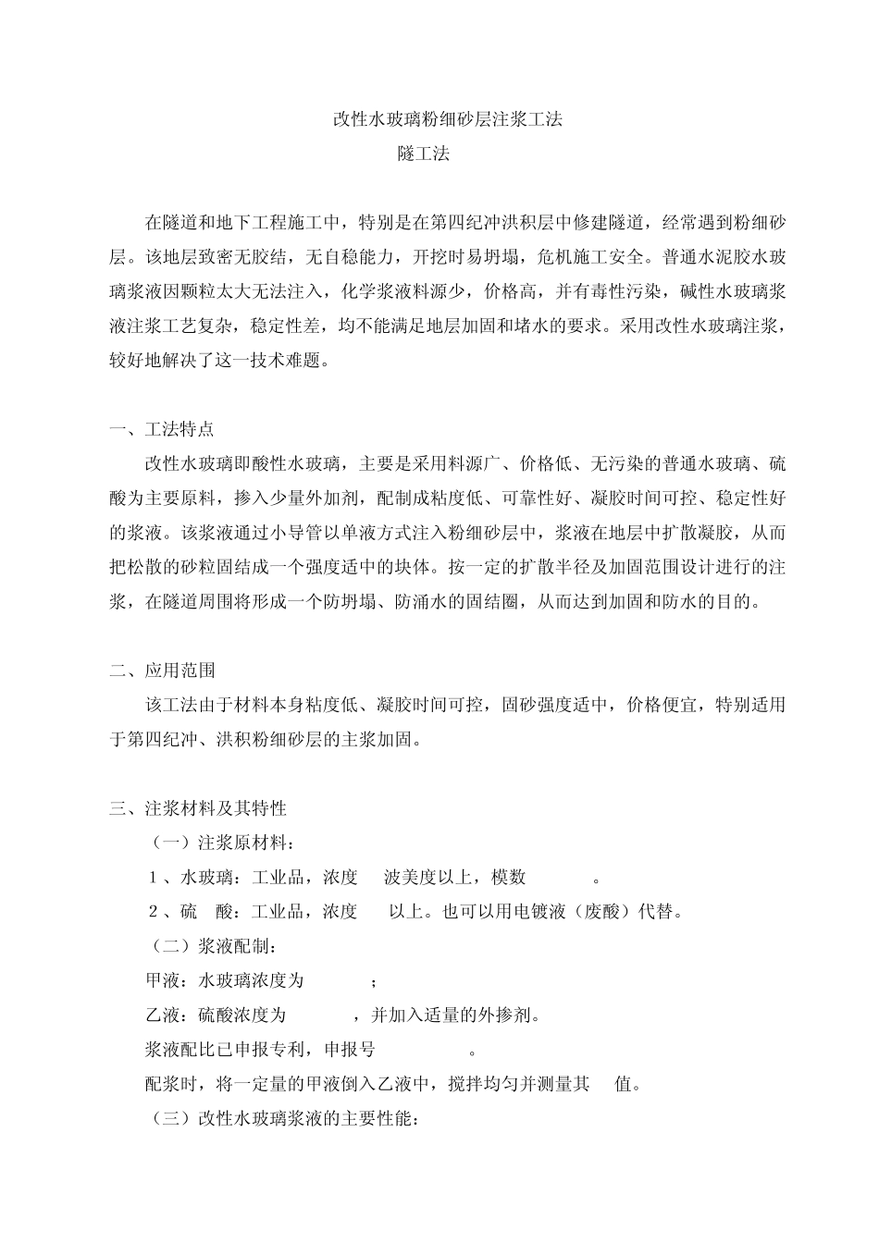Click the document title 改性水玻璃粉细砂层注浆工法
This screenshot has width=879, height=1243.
pos(448,119)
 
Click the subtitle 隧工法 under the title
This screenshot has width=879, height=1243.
pos(424,154)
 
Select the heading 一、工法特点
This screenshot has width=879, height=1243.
pos(162,429)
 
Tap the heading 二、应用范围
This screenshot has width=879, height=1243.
pos(162,671)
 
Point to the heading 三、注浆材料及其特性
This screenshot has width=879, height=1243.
pos(198,808)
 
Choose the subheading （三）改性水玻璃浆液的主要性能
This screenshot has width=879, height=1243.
pos(285,1118)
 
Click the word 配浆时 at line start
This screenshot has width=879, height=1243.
pos(172,1084)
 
